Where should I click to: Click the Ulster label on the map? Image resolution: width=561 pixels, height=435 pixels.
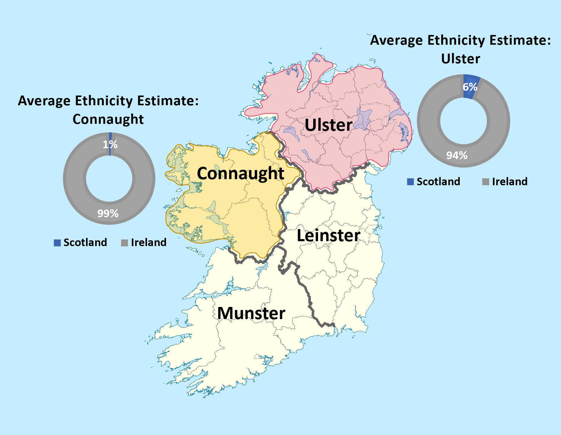coord(328,125)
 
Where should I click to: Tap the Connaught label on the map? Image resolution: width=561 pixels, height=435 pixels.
coord(241,173)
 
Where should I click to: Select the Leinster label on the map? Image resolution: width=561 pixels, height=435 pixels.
coord(328,235)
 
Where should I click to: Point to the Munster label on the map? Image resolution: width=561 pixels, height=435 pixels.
coord(251,313)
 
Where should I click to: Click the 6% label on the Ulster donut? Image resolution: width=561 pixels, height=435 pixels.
coord(470,87)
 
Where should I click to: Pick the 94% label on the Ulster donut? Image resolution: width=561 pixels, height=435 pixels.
coord(457,155)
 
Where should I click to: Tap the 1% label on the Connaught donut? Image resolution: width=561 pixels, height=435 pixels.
coord(110,144)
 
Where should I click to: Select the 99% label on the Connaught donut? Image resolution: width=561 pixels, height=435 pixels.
coord(108,214)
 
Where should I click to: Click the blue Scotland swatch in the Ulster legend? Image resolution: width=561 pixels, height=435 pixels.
coord(410,182)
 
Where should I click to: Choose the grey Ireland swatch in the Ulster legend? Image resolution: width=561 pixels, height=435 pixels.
coord(486,182)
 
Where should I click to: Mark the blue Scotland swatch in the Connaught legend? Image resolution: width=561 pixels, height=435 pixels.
coord(57,243)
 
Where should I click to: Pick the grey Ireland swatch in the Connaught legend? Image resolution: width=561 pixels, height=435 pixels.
coord(124,243)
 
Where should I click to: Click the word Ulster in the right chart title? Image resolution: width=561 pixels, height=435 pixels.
coord(461,59)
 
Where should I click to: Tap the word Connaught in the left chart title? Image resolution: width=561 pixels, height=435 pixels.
coord(108,119)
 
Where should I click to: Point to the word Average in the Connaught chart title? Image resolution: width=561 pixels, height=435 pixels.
coord(44,101)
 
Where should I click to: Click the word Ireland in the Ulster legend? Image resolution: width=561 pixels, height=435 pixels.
coord(510,182)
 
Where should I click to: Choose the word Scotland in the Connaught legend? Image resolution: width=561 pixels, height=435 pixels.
coord(85,242)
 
